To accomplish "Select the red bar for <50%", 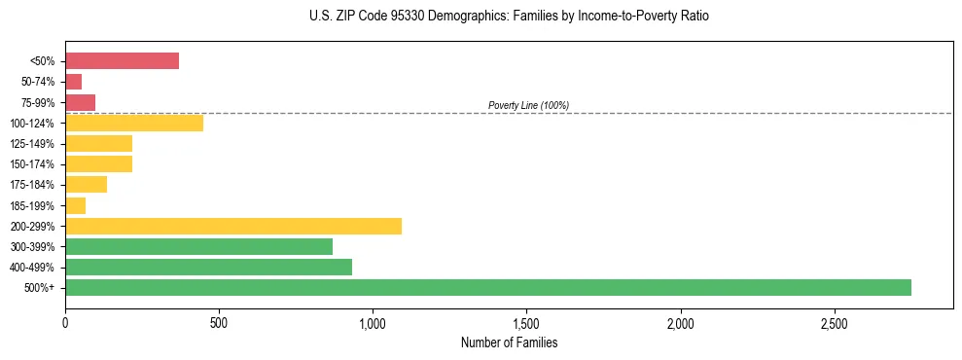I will [122, 61].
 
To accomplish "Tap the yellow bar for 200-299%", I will [233, 226].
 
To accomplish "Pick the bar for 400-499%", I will [208, 267].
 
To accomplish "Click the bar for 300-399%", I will [198, 246].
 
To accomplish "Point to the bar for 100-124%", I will [134, 123].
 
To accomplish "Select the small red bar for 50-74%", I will [73, 82].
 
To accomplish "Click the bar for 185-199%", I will [75, 205].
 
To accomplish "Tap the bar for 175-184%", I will [86, 185].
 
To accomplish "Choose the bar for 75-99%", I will [80, 102].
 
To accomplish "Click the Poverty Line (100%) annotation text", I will [528, 105].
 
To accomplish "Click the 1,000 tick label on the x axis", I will [373, 322].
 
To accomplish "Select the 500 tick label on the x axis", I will [219, 322].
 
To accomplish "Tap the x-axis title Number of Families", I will [509, 342].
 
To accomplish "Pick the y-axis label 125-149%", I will [32, 144].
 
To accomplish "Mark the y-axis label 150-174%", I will [32, 164].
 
